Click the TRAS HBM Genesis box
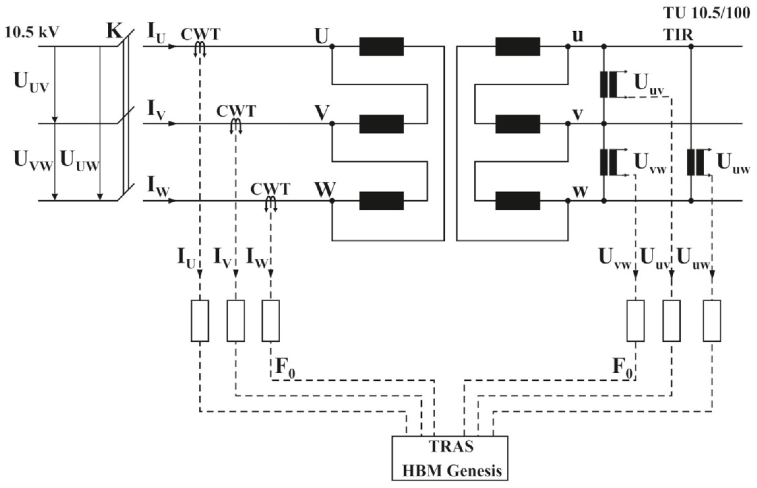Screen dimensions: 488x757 coord(449,458)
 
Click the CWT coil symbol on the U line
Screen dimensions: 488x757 coord(200,48)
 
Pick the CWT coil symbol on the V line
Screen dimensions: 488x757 coord(236,126)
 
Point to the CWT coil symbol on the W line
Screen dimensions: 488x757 coord(271,203)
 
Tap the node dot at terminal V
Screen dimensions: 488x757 coord(332,124)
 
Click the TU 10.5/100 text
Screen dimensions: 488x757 coord(707,13)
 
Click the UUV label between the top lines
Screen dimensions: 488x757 coord(31,82)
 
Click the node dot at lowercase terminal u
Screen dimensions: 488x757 coord(568,47)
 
